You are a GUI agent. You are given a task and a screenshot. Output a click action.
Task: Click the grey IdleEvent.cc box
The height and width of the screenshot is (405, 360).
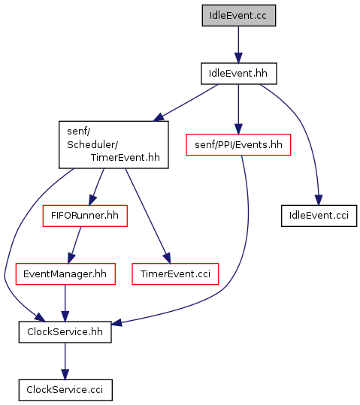point(239,16)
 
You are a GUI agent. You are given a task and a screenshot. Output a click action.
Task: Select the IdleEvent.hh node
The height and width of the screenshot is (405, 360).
point(239,74)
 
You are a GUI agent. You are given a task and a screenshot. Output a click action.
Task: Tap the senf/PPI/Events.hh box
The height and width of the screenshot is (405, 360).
point(238,145)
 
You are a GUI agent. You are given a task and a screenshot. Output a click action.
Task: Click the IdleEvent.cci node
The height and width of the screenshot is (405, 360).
point(319,216)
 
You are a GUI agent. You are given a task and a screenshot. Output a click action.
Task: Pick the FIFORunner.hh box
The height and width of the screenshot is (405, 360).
point(85,216)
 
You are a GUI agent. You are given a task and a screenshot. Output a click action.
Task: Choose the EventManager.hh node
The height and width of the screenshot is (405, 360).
point(65,274)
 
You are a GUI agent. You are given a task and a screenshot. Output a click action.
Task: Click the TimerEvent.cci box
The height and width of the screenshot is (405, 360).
point(175,274)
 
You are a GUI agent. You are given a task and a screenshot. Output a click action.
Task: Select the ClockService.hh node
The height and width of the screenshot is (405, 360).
point(65,332)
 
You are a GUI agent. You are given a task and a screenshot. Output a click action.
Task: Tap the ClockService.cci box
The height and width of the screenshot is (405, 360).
point(65,390)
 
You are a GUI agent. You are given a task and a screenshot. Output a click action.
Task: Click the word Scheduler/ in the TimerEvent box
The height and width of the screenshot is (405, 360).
point(92,144)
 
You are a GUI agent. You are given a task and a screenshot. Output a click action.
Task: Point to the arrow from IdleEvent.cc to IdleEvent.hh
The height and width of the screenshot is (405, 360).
point(238,44)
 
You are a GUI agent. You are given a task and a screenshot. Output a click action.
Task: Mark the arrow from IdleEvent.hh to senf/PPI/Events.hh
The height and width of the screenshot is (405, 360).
point(238,109)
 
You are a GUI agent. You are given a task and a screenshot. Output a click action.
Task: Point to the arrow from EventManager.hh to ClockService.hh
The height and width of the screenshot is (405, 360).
point(65,304)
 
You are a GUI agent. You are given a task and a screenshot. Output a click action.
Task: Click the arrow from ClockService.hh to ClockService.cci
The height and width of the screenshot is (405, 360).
point(65,361)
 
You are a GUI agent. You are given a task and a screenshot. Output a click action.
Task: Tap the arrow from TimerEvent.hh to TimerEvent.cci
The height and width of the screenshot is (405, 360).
point(148,216)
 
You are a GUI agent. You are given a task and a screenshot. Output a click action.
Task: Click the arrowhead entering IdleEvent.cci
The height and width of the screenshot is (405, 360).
point(319,200)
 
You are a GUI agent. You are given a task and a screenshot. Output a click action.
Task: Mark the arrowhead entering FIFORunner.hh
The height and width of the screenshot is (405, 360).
point(92,201)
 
